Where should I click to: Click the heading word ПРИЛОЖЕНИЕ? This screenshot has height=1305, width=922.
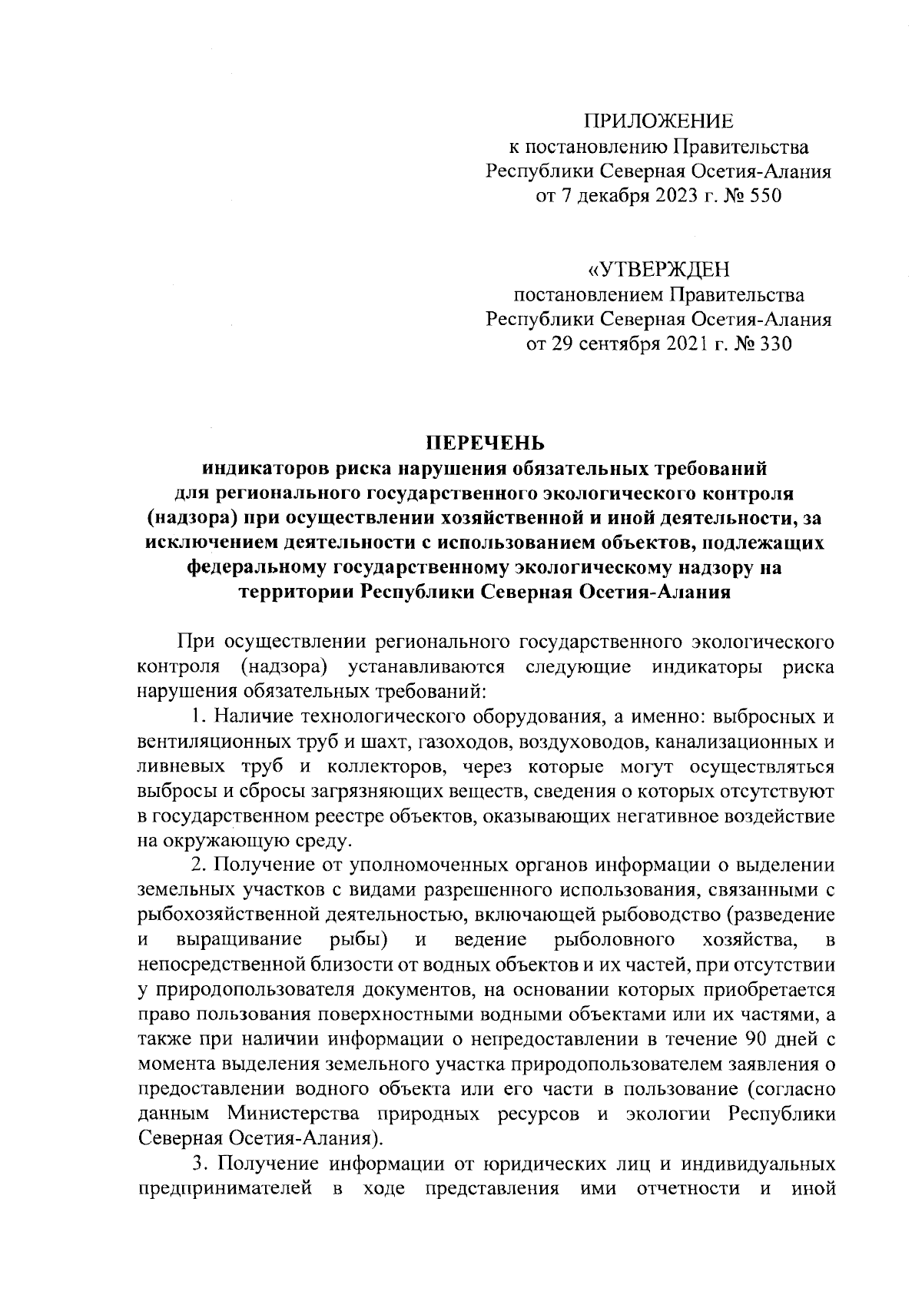(658, 121)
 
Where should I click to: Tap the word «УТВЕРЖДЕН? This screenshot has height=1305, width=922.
(658, 269)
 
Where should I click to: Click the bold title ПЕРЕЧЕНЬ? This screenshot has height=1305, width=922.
(485, 443)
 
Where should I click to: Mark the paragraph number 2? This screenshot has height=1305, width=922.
(197, 865)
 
